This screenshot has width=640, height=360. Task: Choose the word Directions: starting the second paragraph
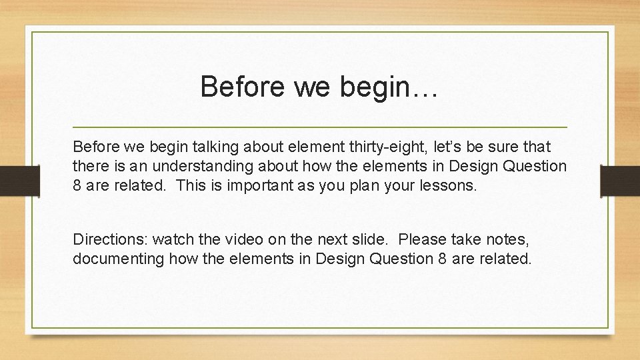point(111,239)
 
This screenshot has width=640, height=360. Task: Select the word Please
point(421,239)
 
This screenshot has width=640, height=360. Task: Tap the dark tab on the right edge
point(620,180)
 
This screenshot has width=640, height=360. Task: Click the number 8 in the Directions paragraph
point(443,259)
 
